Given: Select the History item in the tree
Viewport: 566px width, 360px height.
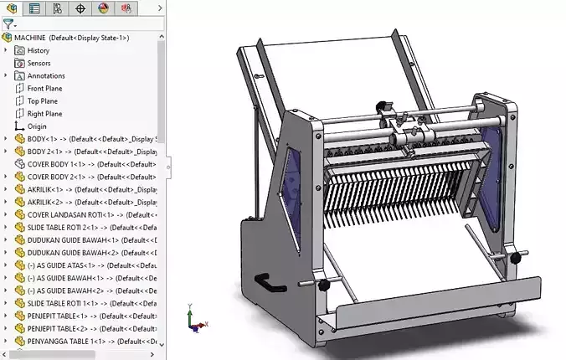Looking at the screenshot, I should click(x=38, y=50).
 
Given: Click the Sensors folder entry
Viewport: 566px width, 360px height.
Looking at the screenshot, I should click(x=39, y=63).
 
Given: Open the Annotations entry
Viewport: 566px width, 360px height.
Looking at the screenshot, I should click(x=45, y=75).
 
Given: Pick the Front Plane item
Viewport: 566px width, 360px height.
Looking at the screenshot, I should click(x=44, y=88).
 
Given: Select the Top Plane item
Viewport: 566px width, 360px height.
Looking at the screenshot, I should click(x=42, y=100).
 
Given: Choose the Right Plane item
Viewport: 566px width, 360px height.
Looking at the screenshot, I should click(x=44, y=113).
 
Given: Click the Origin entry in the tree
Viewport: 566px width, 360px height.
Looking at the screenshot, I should click(x=37, y=126).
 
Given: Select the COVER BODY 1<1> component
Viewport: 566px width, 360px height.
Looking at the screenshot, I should click(x=56, y=164).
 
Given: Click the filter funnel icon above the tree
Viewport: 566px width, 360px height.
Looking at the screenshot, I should click(x=8, y=24).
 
